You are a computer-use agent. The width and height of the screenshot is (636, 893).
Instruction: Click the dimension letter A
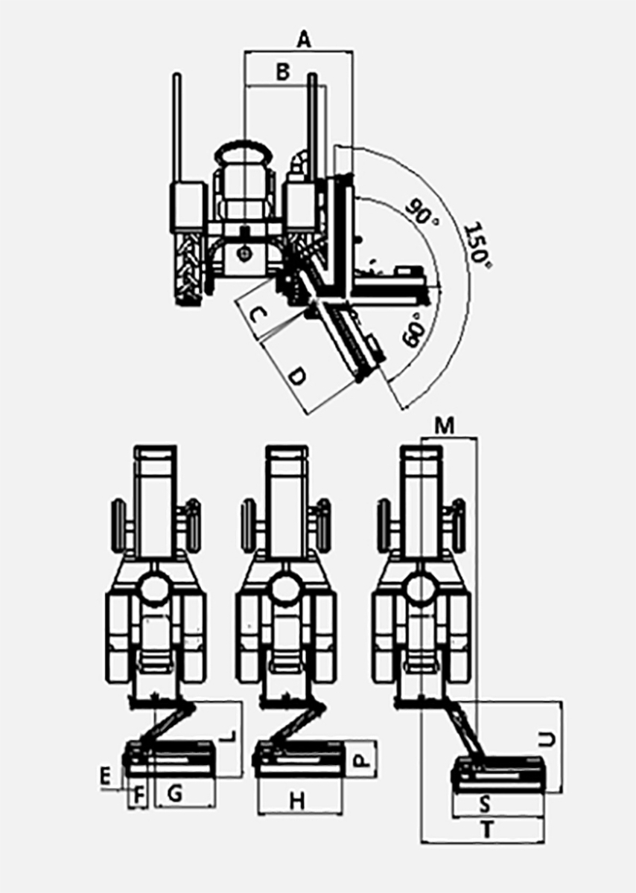(x=305, y=40)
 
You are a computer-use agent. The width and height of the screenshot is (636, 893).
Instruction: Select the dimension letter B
(x=283, y=72)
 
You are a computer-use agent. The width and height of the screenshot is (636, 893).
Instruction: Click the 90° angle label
(x=422, y=214)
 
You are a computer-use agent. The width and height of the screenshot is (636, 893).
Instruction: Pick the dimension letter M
(x=445, y=426)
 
